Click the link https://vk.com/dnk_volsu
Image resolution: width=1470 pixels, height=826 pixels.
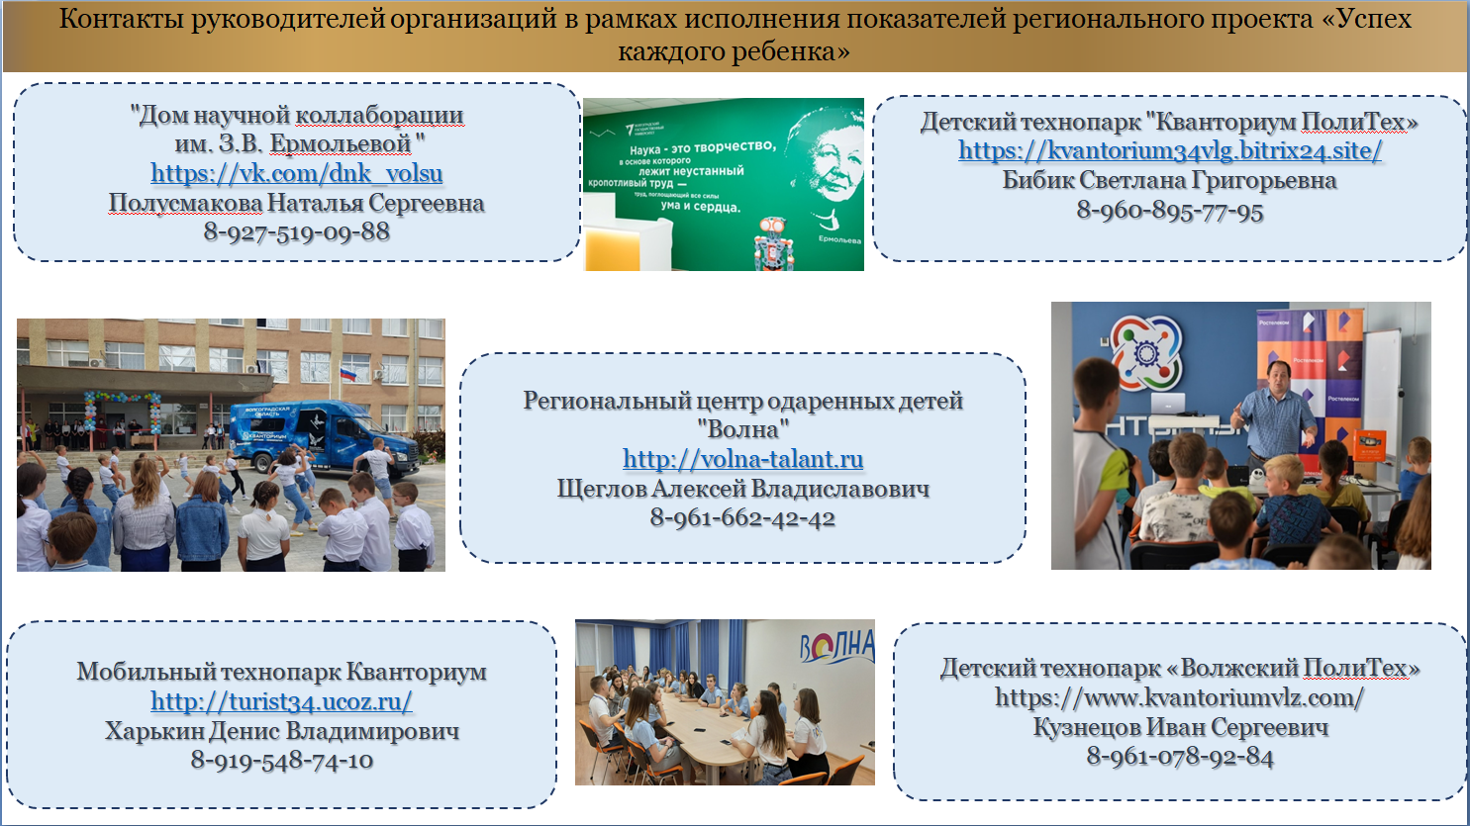[x=297, y=174]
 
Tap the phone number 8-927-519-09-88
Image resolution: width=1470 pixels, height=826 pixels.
[x=297, y=232]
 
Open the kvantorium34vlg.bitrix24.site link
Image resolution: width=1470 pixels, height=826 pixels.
[x=1170, y=151]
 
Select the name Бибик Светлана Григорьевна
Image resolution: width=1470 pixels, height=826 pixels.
[x=1169, y=180]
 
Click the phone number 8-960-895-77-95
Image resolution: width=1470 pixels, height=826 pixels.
[x=1169, y=211]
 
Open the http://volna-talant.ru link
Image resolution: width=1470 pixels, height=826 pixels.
[x=742, y=460]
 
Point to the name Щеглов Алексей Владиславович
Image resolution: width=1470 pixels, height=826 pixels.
[x=742, y=489]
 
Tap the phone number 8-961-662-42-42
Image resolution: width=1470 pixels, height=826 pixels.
[x=742, y=518]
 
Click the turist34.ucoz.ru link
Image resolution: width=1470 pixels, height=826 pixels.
[x=281, y=702]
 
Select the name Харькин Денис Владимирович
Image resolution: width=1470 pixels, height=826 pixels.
[x=281, y=731]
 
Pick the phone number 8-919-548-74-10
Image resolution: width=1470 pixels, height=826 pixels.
[x=281, y=761]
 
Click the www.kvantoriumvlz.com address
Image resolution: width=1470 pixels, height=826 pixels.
[x=1179, y=698]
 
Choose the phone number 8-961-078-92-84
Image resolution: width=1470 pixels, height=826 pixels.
[x=1179, y=757]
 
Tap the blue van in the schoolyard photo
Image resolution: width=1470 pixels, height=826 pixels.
[x=324, y=436]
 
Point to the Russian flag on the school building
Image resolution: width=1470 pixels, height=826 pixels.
[x=347, y=374]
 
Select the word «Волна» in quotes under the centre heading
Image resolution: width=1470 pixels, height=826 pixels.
[x=742, y=430]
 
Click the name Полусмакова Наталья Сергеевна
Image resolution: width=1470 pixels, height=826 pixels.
[x=297, y=203]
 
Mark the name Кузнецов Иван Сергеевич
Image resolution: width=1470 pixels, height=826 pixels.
[x=1181, y=728]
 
